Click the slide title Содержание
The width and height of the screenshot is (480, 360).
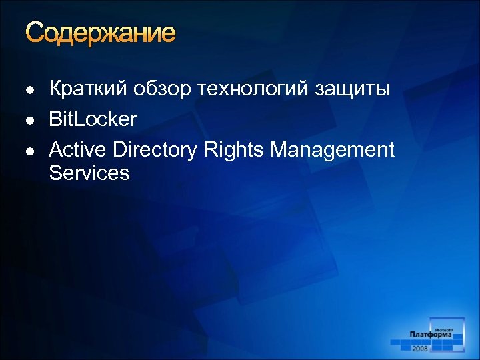coord(101,33)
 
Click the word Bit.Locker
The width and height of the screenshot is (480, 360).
coord(93,119)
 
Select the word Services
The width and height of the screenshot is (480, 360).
coord(89,173)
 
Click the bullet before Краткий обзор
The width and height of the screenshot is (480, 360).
coord(28,90)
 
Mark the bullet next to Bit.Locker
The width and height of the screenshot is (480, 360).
coord(28,121)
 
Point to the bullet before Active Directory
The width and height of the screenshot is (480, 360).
coord(28,151)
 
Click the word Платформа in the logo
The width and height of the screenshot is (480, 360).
coord(431,335)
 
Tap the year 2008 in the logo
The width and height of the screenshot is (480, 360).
coord(421,348)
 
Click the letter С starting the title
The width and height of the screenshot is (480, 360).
coord(35,33)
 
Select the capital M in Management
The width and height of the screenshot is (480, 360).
coord(280,150)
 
